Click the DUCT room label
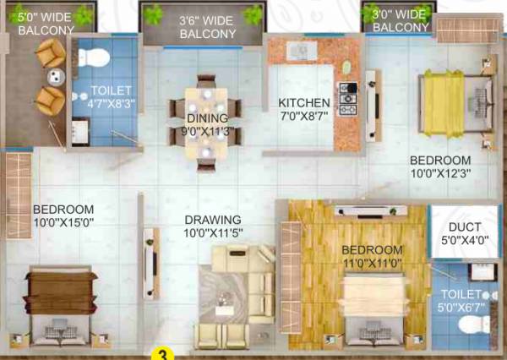pos(465,226)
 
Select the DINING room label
pos(207,118)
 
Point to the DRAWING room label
pos(212,220)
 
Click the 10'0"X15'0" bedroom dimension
pos(63,222)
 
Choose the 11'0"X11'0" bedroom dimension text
pos(372,265)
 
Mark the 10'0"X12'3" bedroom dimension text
pos(439,173)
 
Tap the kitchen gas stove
pos(346,98)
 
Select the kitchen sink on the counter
pos(299,49)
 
